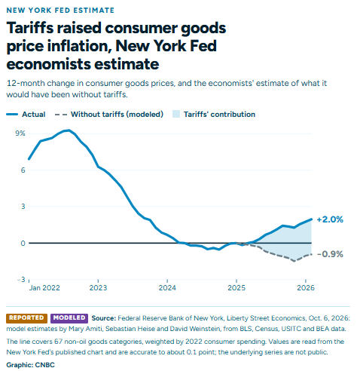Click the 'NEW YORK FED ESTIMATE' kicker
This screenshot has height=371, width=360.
pyautogui.click(x=60, y=11)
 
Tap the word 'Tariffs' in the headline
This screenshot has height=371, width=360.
pyautogui.click(x=30, y=28)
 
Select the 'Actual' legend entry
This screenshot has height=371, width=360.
pyautogui.click(x=26, y=115)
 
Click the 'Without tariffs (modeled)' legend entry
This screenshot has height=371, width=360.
pyautogui.click(x=109, y=115)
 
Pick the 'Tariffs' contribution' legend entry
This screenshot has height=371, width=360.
pyautogui.click(x=214, y=115)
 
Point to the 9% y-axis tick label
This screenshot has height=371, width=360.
pyautogui.click(x=20, y=133)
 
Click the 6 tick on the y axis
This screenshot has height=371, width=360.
pyautogui.click(x=23, y=170)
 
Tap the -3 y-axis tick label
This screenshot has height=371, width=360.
pyautogui.click(x=21, y=280)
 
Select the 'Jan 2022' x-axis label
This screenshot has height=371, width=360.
pyautogui.click(x=44, y=288)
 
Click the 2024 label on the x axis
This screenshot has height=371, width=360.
pyautogui.click(x=167, y=288)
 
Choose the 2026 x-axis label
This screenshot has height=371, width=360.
pyautogui.click(x=306, y=288)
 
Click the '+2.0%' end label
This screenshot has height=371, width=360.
pyautogui.click(x=330, y=219)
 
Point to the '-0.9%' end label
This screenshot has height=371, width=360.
pyautogui.click(x=330, y=254)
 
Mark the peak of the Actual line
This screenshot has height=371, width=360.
pyautogui.click(x=69, y=130)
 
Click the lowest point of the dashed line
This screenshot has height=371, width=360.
pyautogui.click(x=294, y=261)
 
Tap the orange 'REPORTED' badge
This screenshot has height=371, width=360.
pyautogui.click(x=26, y=318)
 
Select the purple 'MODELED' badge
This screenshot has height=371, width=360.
pyautogui.click(x=69, y=318)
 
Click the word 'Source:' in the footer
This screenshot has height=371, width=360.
pyautogui.click(x=104, y=318)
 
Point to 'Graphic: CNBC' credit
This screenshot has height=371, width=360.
pyautogui.click(x=30, y=365)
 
